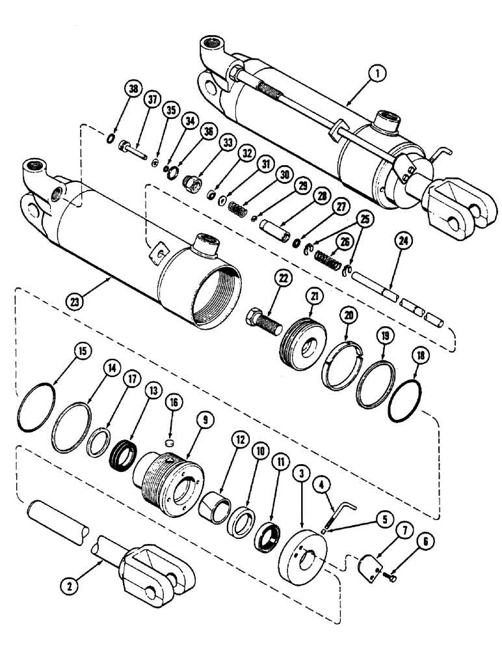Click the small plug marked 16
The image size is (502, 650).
[171, 443]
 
